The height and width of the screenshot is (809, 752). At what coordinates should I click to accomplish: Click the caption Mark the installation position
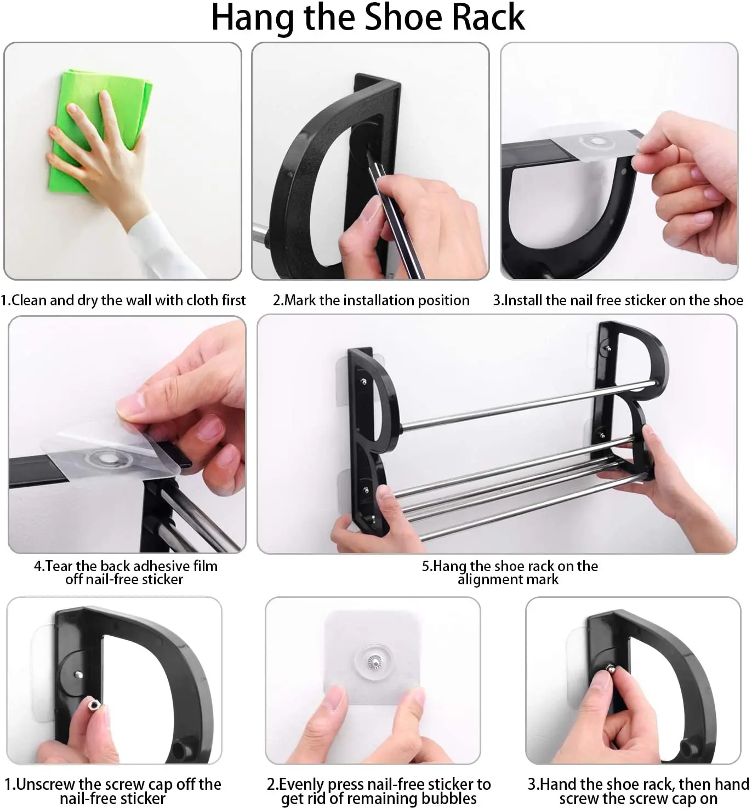pyautogui.click(x=371, y=300)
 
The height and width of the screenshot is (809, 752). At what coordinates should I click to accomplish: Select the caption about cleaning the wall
pyautogui.click(x=123, y=300)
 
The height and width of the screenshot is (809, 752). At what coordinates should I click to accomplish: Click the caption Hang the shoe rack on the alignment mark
pyautogui.click(x=509, y=573)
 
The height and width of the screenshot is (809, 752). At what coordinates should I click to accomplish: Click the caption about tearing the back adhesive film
pyautogui.click(x=126, y=573)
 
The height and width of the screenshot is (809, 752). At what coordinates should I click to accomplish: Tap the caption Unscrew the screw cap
pyautogui.click(x=113, y=791)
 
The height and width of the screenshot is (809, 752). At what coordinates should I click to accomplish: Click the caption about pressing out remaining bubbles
pyautogui.click(x=379, y=791)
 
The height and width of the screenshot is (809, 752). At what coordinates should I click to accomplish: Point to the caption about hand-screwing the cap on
pyautogui.click(x=639, y=791)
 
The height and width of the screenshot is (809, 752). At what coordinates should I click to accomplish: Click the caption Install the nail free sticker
pyautogui.click(x=618, y=300)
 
